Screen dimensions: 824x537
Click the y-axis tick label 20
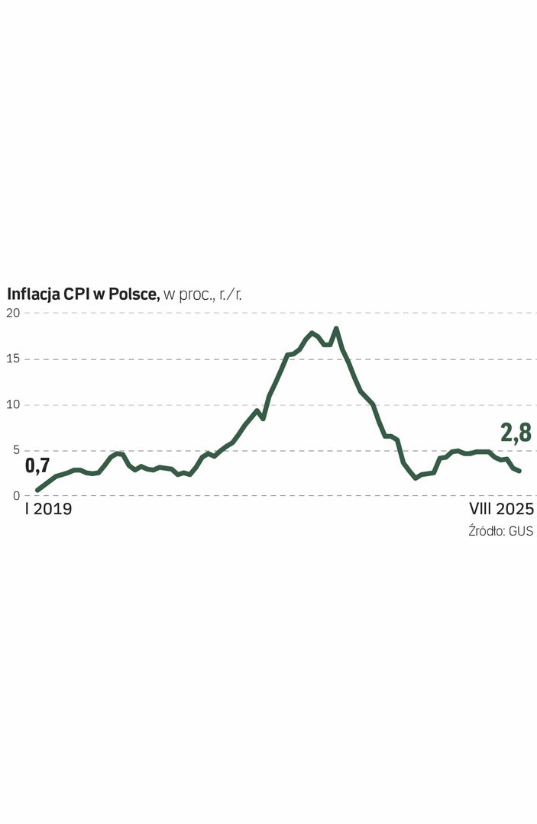[x=15, y=313]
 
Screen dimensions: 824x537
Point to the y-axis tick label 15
[x=14, y=359]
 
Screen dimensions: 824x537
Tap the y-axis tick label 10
[x=14, y=404]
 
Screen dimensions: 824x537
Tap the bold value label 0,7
[x=37, y=465]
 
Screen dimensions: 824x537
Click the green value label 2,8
[x=516, y=433]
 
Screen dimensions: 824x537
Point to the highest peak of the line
[x=336, y=329]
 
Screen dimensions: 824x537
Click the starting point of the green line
[x=37, y=490]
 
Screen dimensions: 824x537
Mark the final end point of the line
[x=519, y=471]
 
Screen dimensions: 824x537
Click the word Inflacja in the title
[x=34, y=294]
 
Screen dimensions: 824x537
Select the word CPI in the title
[x=78, y=294]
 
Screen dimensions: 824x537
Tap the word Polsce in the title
[x=134, y=294]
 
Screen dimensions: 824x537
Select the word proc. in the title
[x=196, y=295]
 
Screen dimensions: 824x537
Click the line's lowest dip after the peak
[x=416, y=478]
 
